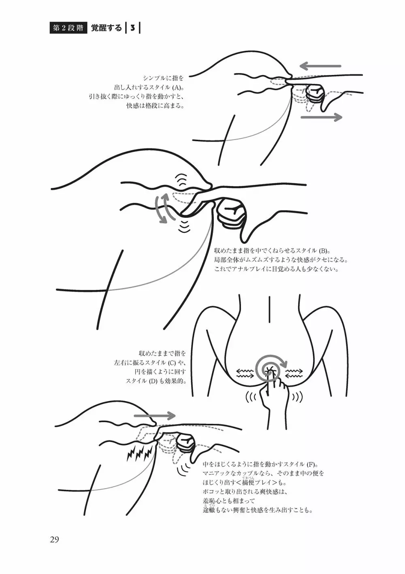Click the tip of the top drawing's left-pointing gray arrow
point(300,66)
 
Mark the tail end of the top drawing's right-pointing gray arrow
point(302,117)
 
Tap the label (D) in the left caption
point(153,381)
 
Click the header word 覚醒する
point(107,28)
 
